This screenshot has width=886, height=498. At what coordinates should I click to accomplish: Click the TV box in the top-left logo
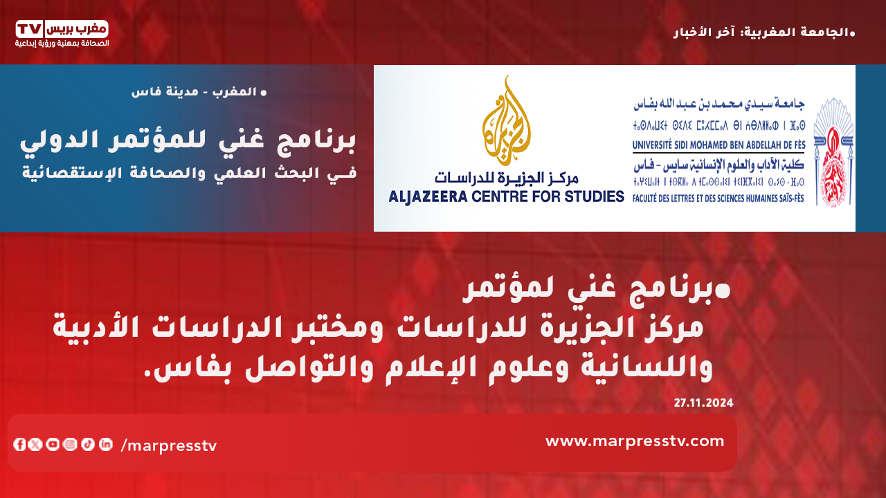(x=30, y=29)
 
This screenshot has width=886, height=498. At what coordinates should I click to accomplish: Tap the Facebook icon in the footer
(x=19, y=444)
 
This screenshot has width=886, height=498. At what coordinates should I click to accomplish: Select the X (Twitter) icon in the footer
(x=35, y=444)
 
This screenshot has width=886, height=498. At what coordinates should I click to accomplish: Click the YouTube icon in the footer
(x=53, y=444)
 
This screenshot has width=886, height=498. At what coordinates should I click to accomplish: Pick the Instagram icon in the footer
(x=70, y=444)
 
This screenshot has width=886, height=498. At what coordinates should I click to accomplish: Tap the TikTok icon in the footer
(x=88, y=444)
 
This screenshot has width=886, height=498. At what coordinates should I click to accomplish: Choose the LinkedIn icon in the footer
(x=106, y=444)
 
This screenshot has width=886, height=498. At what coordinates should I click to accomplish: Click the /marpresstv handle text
(x=169, y=446)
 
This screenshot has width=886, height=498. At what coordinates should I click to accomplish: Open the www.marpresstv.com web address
(x=635, y=441)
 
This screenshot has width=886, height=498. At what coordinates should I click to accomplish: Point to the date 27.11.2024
(x=704, y=403)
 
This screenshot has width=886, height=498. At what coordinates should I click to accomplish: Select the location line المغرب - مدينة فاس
(x=199, y=92)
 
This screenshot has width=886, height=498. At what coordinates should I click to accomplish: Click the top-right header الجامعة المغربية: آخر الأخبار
(x=764, y=33)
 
